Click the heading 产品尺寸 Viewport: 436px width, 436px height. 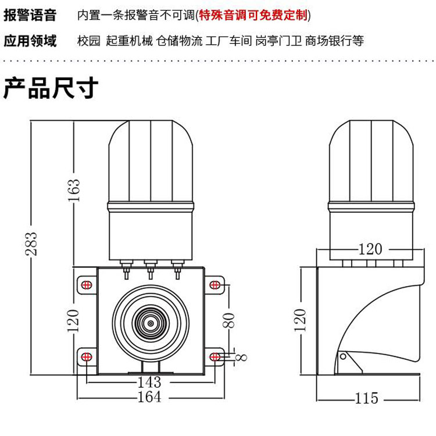coord(51,88)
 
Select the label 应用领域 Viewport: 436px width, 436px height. coord(30,41)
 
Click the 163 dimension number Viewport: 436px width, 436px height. coord(74,190)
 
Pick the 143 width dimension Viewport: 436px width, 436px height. coord(149,383)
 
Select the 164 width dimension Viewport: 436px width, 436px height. coord(149,398)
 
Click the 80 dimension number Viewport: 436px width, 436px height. coord(230,319)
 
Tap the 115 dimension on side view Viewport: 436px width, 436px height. coord(366,398)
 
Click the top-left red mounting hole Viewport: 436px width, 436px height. coord(85,285)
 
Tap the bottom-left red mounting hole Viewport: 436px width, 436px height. coord(85,356)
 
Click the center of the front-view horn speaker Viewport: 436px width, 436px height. coord(150,321)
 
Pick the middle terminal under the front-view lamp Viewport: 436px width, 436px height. coord(150,269)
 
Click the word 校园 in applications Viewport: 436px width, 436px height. coord(89,41)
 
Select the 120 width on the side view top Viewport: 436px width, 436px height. coord(370,249)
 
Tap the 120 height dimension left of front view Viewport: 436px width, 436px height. coord(74,320)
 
